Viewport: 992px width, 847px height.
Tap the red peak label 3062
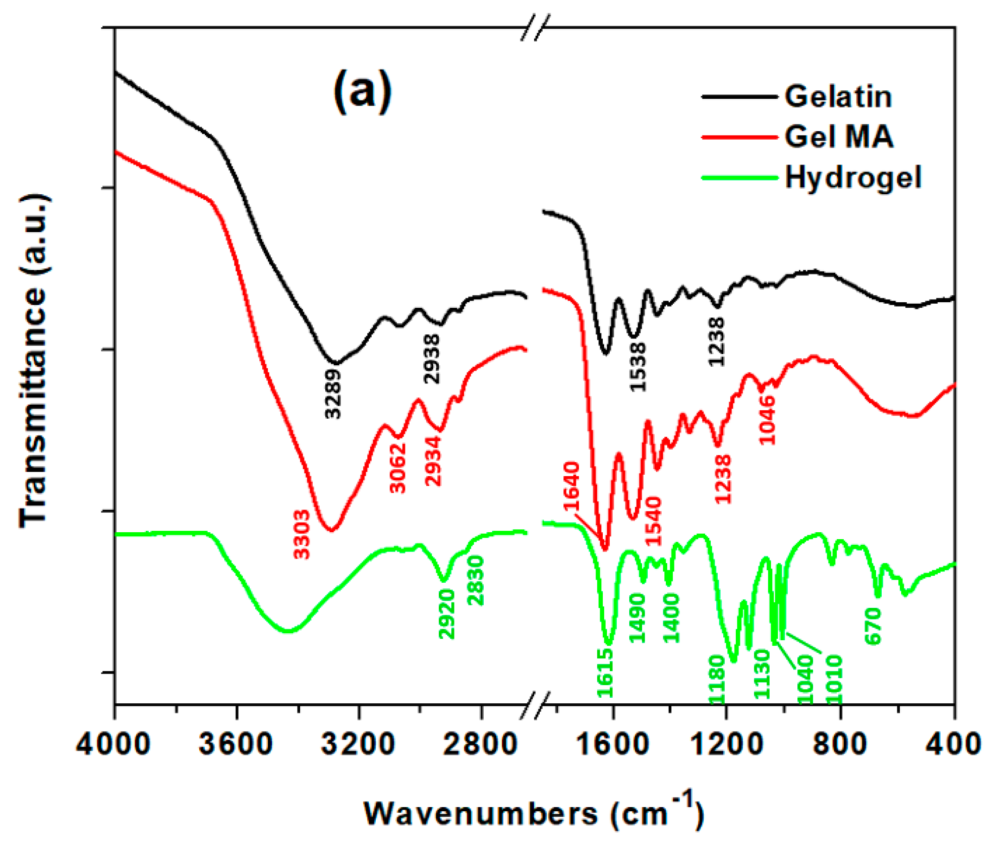click(398, 468)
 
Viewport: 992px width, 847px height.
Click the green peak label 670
click(874, 625)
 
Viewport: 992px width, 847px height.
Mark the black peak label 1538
click(638, 367)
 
